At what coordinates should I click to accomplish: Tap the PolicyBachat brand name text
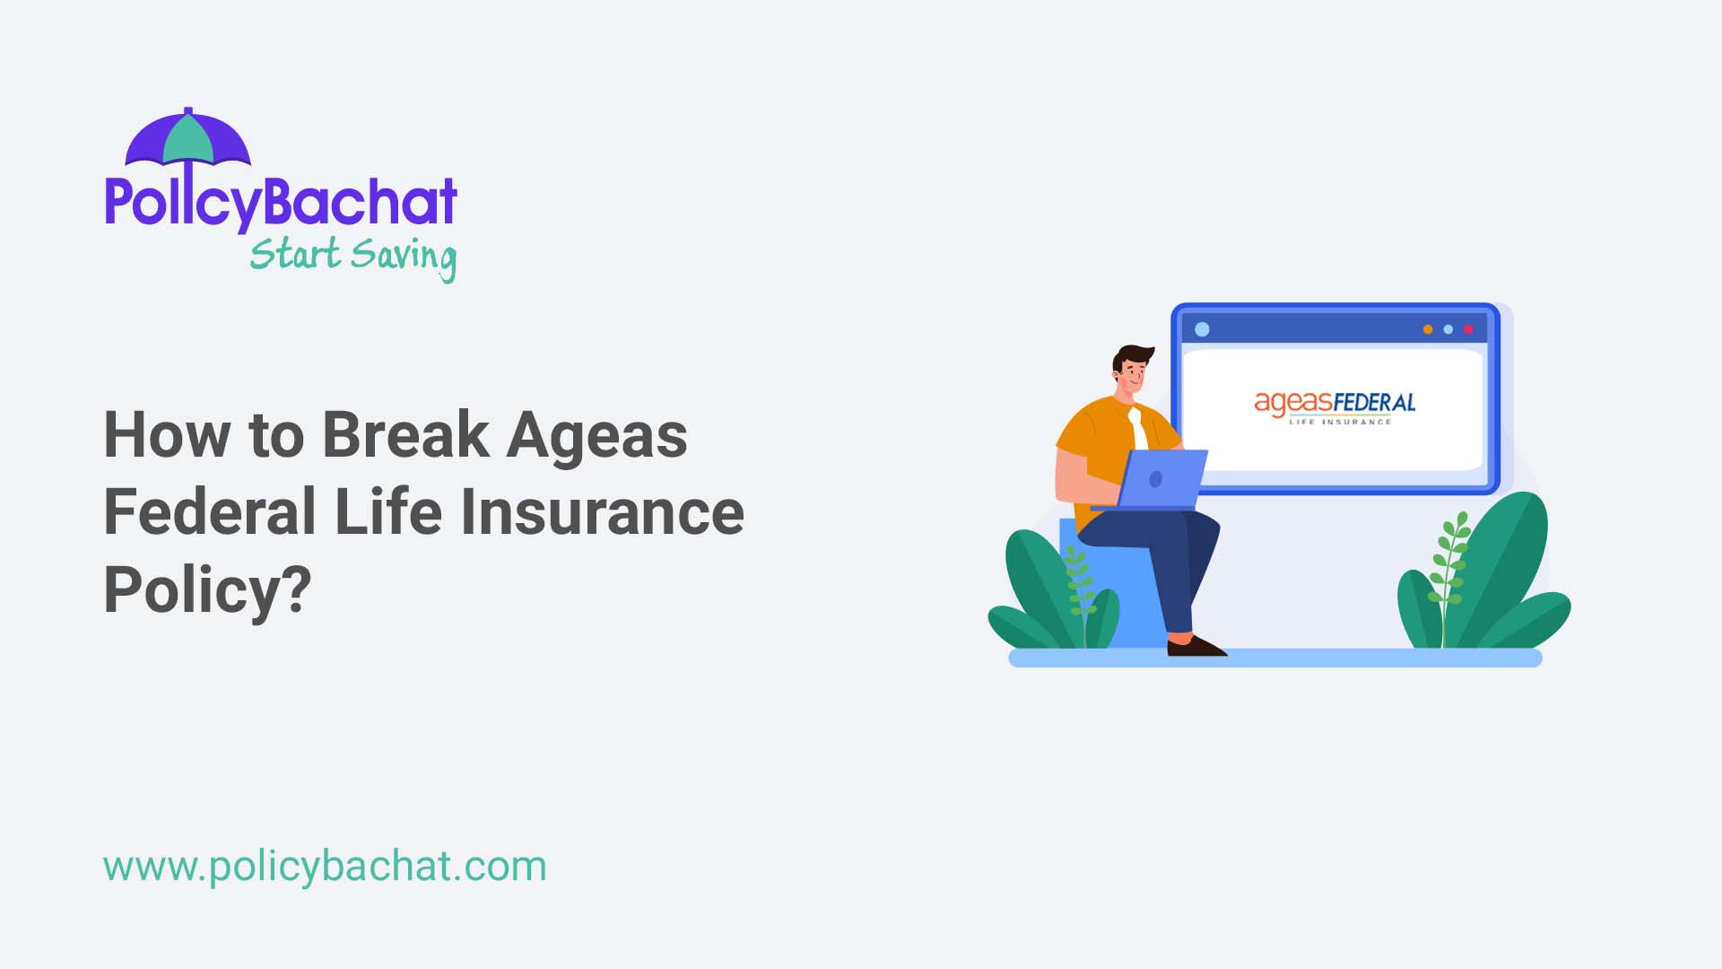tap(281, 202)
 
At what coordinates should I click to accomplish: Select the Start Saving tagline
tap(352, 256)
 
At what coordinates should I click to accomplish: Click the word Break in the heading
tap(405, 436)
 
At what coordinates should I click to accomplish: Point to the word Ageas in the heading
tap(596, 436)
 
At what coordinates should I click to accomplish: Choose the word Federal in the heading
tap(209, 512)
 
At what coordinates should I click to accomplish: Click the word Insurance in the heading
tap(602, 512)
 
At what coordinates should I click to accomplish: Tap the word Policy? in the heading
tap(207, 590)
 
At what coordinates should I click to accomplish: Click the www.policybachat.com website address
tap(325, 867)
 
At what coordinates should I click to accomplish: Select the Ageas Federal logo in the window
tap(1335, 406)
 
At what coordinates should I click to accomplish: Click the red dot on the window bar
tap(1468, 329)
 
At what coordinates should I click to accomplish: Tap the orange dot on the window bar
tap(1428, 329)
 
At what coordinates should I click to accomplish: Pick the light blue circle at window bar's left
tap(1203, 329)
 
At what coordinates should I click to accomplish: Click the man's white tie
tap(1138, 430)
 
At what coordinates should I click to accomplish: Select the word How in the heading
tap(167, 436)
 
